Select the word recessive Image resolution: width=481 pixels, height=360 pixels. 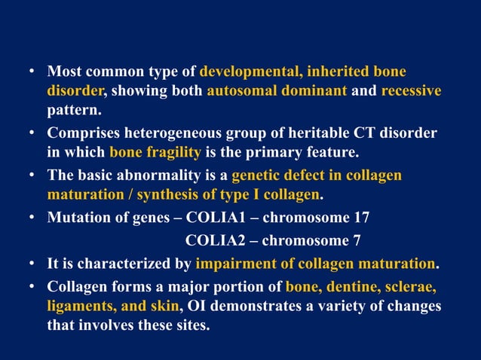[x=411, y=91]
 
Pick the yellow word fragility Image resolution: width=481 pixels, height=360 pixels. [x=174, y=154]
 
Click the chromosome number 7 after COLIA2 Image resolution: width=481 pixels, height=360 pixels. [x=357, y=241]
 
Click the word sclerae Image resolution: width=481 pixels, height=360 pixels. [x=412, y=286]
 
